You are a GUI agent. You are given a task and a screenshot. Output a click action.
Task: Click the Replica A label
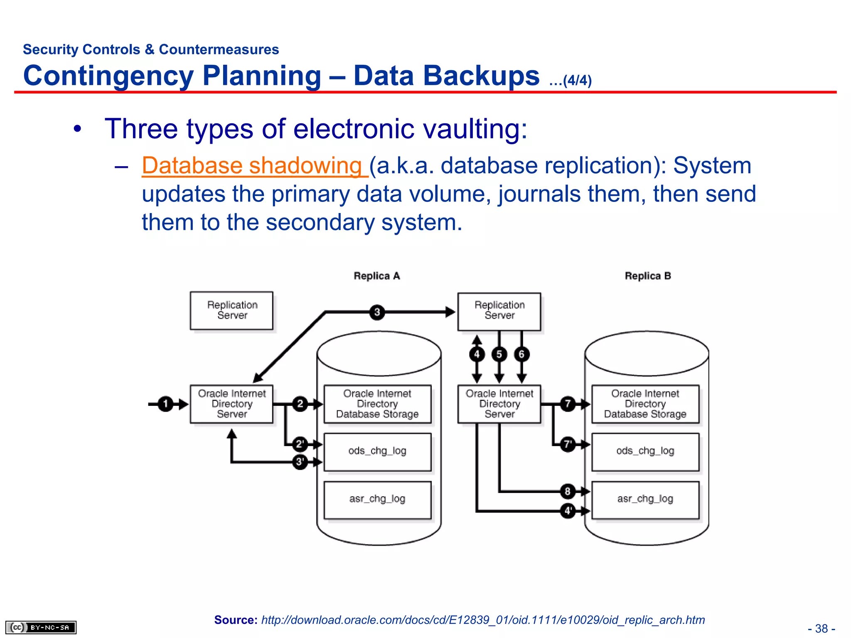coord(376,276)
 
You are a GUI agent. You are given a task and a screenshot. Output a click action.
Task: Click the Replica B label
coord(647,276)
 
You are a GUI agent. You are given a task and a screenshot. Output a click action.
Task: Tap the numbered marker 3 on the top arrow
coord(377,312)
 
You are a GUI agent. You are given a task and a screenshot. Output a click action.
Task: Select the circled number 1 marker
coord(165,404)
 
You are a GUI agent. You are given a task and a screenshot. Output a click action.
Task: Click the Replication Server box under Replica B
coord(499,311)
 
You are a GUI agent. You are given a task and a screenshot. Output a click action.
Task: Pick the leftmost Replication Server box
coord(231,310)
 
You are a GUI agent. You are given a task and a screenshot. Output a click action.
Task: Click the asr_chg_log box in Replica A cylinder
coord(377,500)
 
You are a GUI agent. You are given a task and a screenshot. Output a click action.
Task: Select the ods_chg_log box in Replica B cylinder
coord(645,452)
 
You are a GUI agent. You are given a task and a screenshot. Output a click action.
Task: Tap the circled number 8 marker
coord(568,491)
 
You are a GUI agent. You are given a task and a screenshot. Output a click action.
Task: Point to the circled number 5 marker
coord(499,354)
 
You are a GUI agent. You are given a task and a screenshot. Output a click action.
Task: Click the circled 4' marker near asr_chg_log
coord(568,510)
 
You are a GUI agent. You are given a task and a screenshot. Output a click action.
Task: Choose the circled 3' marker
coord(300,461)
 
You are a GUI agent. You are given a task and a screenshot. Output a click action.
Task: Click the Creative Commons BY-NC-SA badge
coord(41,627)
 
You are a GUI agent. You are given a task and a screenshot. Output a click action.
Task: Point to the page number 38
coord(821,628)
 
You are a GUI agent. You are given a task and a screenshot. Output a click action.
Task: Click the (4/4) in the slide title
coord(577,80)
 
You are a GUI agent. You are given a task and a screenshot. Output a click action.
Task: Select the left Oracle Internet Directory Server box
coord(231,404)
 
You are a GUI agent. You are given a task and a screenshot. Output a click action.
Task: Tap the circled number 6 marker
coord(521,354)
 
